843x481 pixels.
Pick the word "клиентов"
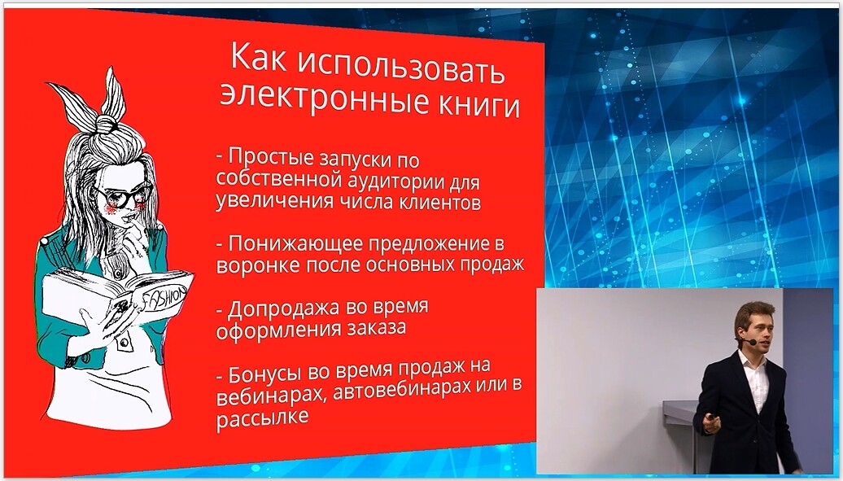pos(439,203)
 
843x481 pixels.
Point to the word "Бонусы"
pos(264,374)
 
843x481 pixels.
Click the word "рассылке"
pos(262,418)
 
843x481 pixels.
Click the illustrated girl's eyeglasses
pos(123,195)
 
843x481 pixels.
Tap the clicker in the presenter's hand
pos(710,418)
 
